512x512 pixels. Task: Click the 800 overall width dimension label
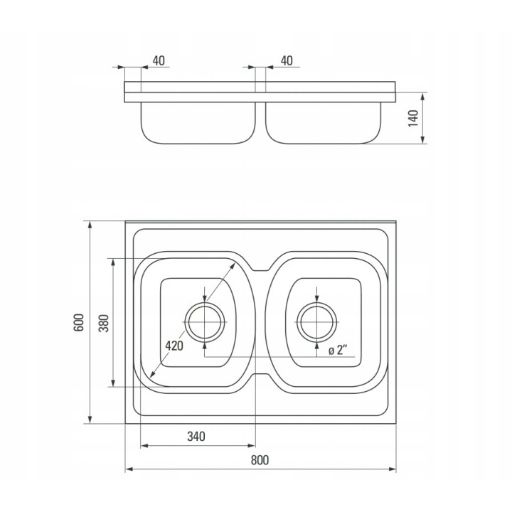click(260, 460)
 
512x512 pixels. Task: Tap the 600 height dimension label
click(79, 323)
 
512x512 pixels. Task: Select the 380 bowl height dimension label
click(104, 323)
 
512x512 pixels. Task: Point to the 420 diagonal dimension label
click(174, 346)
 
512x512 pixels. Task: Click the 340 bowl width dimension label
click(196, 436)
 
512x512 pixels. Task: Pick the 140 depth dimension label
click(413, 118)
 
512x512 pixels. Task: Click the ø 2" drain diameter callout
click(338, 351)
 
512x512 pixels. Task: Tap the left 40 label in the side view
click(159, 60)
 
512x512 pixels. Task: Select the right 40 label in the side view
click(287, 60)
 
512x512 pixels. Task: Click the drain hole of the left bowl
click(205, 322)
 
